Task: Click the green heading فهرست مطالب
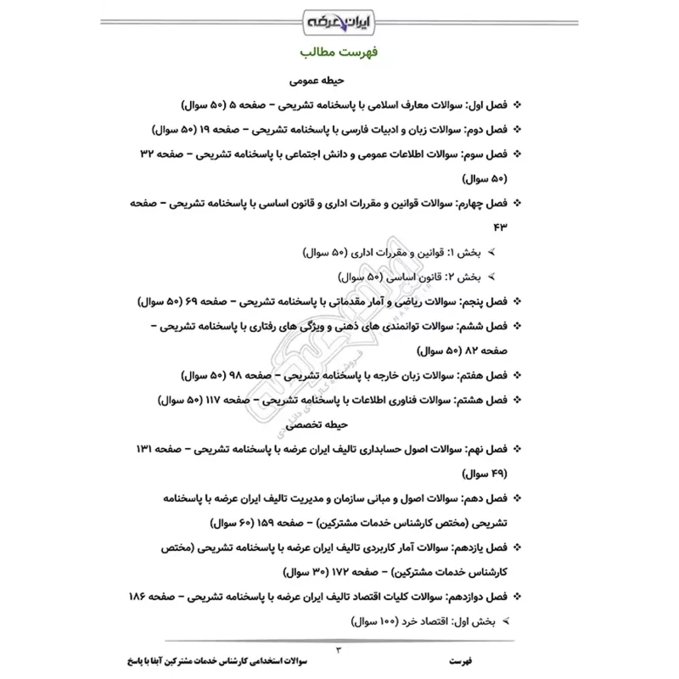(339, 53)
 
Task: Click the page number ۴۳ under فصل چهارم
(496, 228)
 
